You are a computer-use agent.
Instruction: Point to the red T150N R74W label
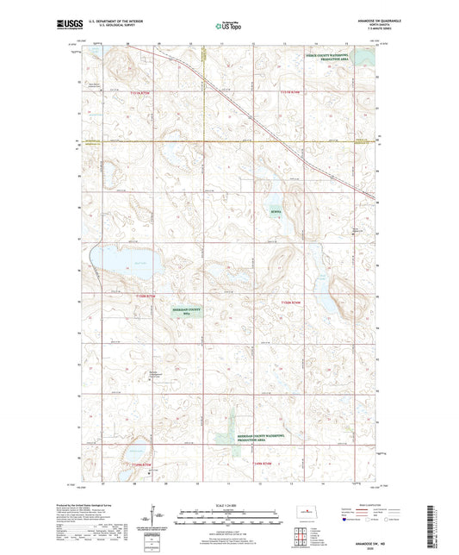pyautogui.click(x=293, y=303)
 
